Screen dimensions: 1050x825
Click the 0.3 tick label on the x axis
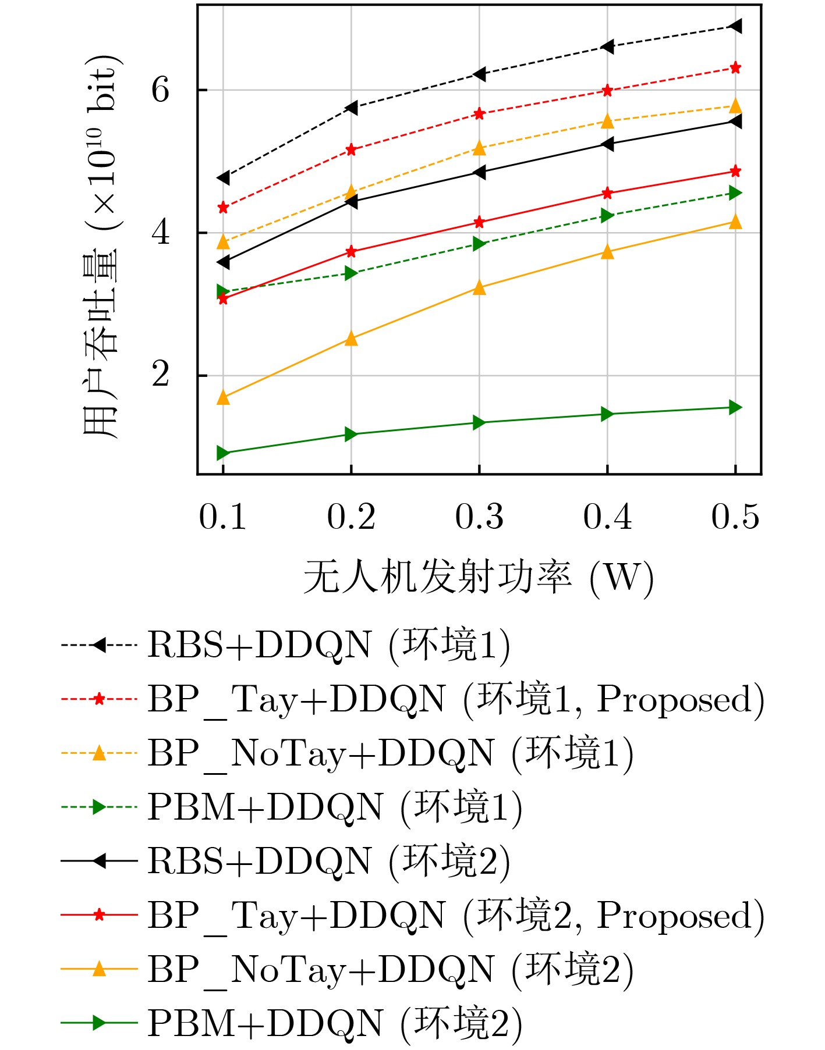479,517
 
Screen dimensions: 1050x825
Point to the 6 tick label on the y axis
161,90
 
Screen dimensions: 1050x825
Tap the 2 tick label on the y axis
161,375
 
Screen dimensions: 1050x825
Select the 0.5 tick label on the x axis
735,517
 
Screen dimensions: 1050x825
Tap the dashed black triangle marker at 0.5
735,26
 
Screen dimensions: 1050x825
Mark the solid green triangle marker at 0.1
223,453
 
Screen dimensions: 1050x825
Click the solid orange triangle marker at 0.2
351,339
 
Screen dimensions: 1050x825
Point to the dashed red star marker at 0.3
479,113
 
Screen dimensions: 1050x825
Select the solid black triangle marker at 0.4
607,144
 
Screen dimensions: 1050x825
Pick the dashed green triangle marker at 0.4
607,215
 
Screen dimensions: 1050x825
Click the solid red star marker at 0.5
735,171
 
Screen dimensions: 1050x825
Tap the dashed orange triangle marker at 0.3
479,148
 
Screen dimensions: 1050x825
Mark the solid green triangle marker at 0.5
735,407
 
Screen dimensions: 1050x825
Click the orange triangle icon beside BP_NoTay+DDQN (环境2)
100,969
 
